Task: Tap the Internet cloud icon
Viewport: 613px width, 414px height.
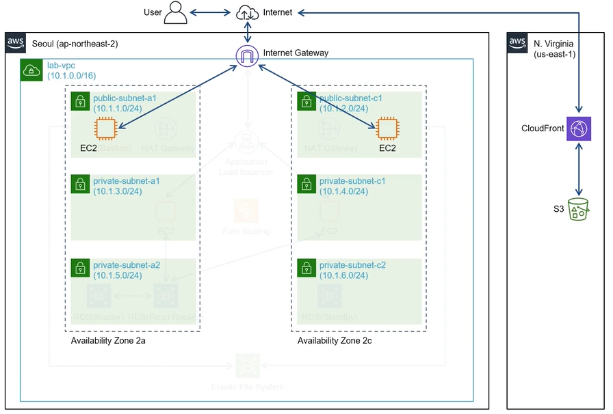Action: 247,12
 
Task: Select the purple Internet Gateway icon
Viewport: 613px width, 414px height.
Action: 247,55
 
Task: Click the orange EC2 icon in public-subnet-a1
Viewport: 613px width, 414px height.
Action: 106,128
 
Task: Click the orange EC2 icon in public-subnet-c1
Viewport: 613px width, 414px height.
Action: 387,128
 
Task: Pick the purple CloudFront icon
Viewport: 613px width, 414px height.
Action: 579,128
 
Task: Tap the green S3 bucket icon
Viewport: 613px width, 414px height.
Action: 579,209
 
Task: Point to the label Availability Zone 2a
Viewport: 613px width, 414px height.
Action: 108,340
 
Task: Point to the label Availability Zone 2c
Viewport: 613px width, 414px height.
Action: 335,340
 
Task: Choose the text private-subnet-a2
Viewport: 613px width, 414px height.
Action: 127,265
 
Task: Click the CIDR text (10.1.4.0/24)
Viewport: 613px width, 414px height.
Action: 344,191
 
